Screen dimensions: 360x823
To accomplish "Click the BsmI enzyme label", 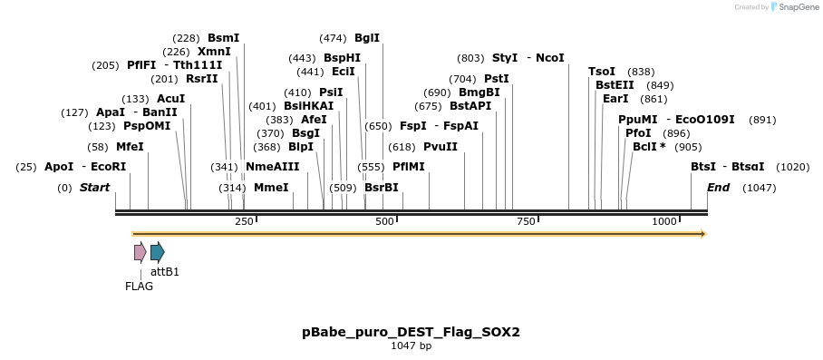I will click(x=223, y=38).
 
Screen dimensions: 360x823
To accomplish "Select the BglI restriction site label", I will click(x=367, y=38).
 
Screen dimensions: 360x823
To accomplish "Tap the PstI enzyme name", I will click(x=497, y=79).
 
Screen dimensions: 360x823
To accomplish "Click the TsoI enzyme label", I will click(x=602, y=72).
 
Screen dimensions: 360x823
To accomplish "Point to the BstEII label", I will click(x=615, y=85).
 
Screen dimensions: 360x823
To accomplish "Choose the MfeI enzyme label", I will click(x=130, y=147).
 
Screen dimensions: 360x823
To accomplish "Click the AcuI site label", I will click(x=170, y=99).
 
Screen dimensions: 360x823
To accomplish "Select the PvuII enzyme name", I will click(x=441, y=147).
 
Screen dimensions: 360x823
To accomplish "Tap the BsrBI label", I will click(x=382, y=188).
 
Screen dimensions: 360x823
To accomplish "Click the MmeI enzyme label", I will click(x=271, y=188).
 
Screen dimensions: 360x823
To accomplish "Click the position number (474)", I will click(x=333, y=38).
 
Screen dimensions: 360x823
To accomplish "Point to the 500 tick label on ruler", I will click(x=384, y=222).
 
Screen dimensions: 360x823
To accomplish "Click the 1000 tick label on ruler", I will click(x=664, y=222).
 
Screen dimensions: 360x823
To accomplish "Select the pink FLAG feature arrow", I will click(x=140, y=252).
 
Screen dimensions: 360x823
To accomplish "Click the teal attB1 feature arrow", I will click(x=158, y=252).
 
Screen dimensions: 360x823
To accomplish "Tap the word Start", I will click(x=94, y=188).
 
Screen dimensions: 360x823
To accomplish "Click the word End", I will click(x=718, y=188).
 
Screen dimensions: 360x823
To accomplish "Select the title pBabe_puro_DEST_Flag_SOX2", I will click(x=411, y=332).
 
